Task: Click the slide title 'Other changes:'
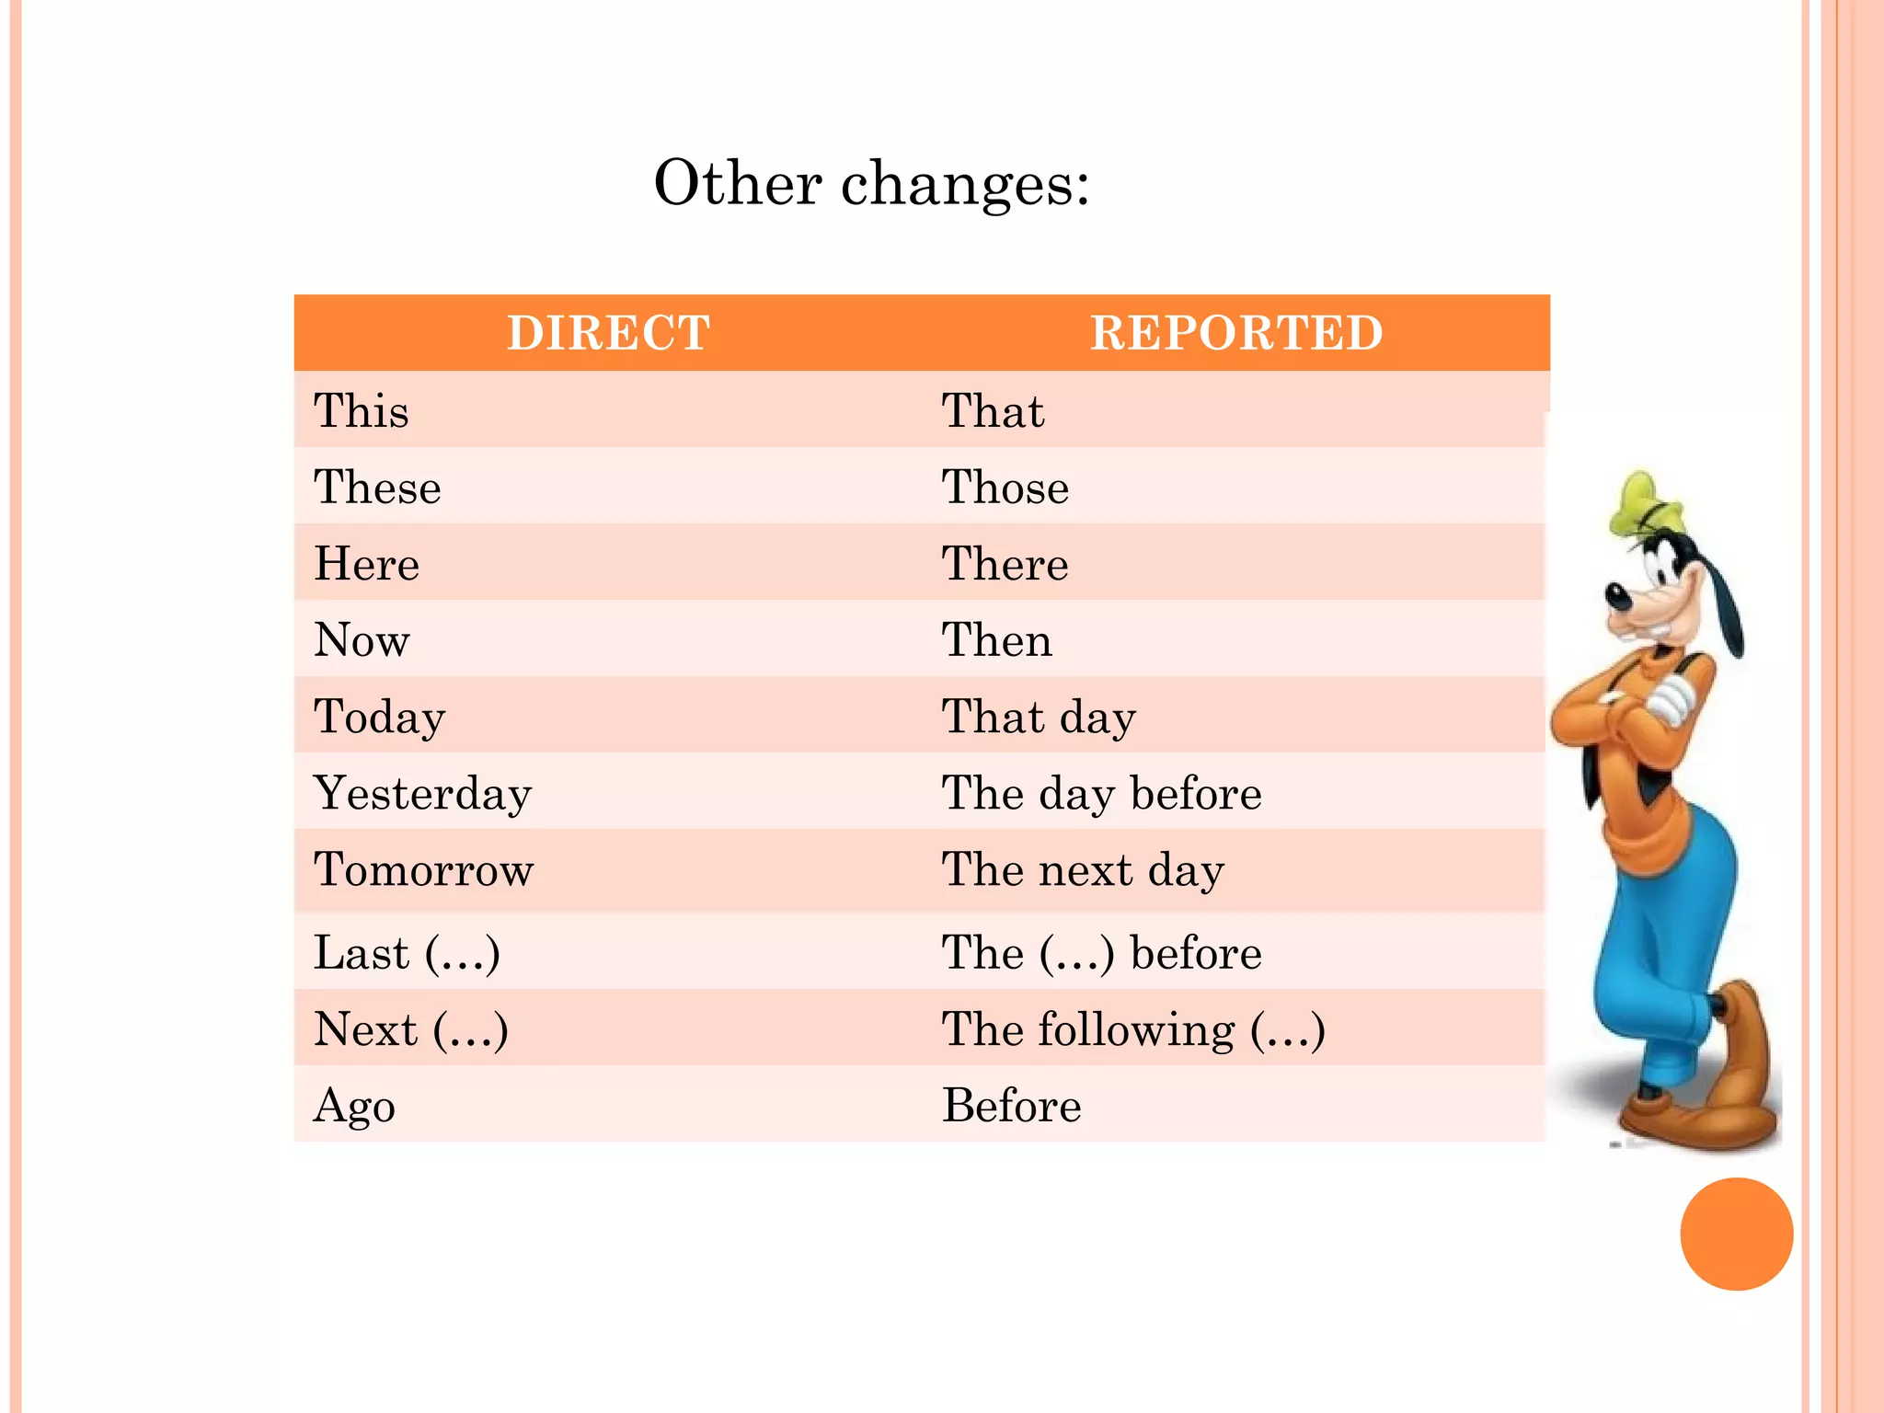coord(871,183)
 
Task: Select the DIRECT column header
coord(608,333)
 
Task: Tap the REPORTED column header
coord(1236,333)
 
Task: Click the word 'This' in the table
coord(361,410)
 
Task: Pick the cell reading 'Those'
coord(1005,487)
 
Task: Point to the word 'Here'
coord(366,563)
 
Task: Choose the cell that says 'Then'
coord(997,639)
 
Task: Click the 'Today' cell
coord(379,717)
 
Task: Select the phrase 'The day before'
coord(1101,793)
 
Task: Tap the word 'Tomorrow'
coord(423,869)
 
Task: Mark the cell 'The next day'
coord(1083,869)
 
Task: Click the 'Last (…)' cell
coord(407,952)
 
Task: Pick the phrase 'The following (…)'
coord(1133,1028)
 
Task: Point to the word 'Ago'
coord(354,1105)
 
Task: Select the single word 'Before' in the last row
coord(1012,1105)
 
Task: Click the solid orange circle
coord(1736,1234)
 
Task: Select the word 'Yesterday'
coord(422,793)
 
